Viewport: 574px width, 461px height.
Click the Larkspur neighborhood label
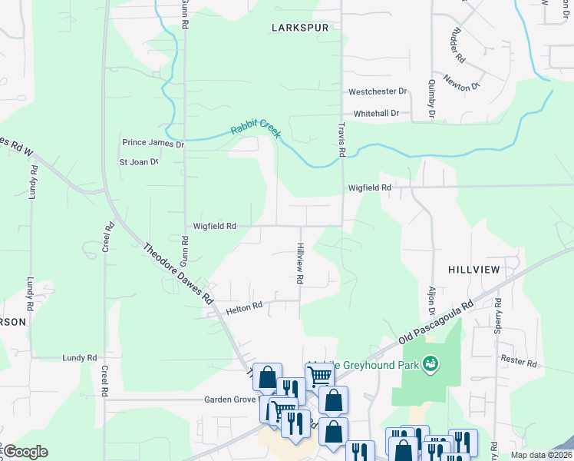pyautogui.click(x=299, y=27)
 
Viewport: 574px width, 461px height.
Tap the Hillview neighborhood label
pyautogui.click(x=474, y=269)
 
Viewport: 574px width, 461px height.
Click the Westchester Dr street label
pyautogui.click(x=378, y=91)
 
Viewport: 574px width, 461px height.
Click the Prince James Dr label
pyautogui.click(x=153, y=144)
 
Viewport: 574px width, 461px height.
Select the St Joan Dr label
pyautogui.click(x=138, y=162)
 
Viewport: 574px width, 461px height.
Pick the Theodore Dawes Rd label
pyautogui.click(x=178, y=273)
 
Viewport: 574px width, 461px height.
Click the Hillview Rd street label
pyautogui.click(x=300, y=262)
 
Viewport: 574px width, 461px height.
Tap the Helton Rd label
pyautogui.click(x=244, y=307)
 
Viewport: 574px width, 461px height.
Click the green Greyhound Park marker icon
pyautogui.click(x=430, y=362)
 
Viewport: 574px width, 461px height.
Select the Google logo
pyautogui.click(x=25, y=452)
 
